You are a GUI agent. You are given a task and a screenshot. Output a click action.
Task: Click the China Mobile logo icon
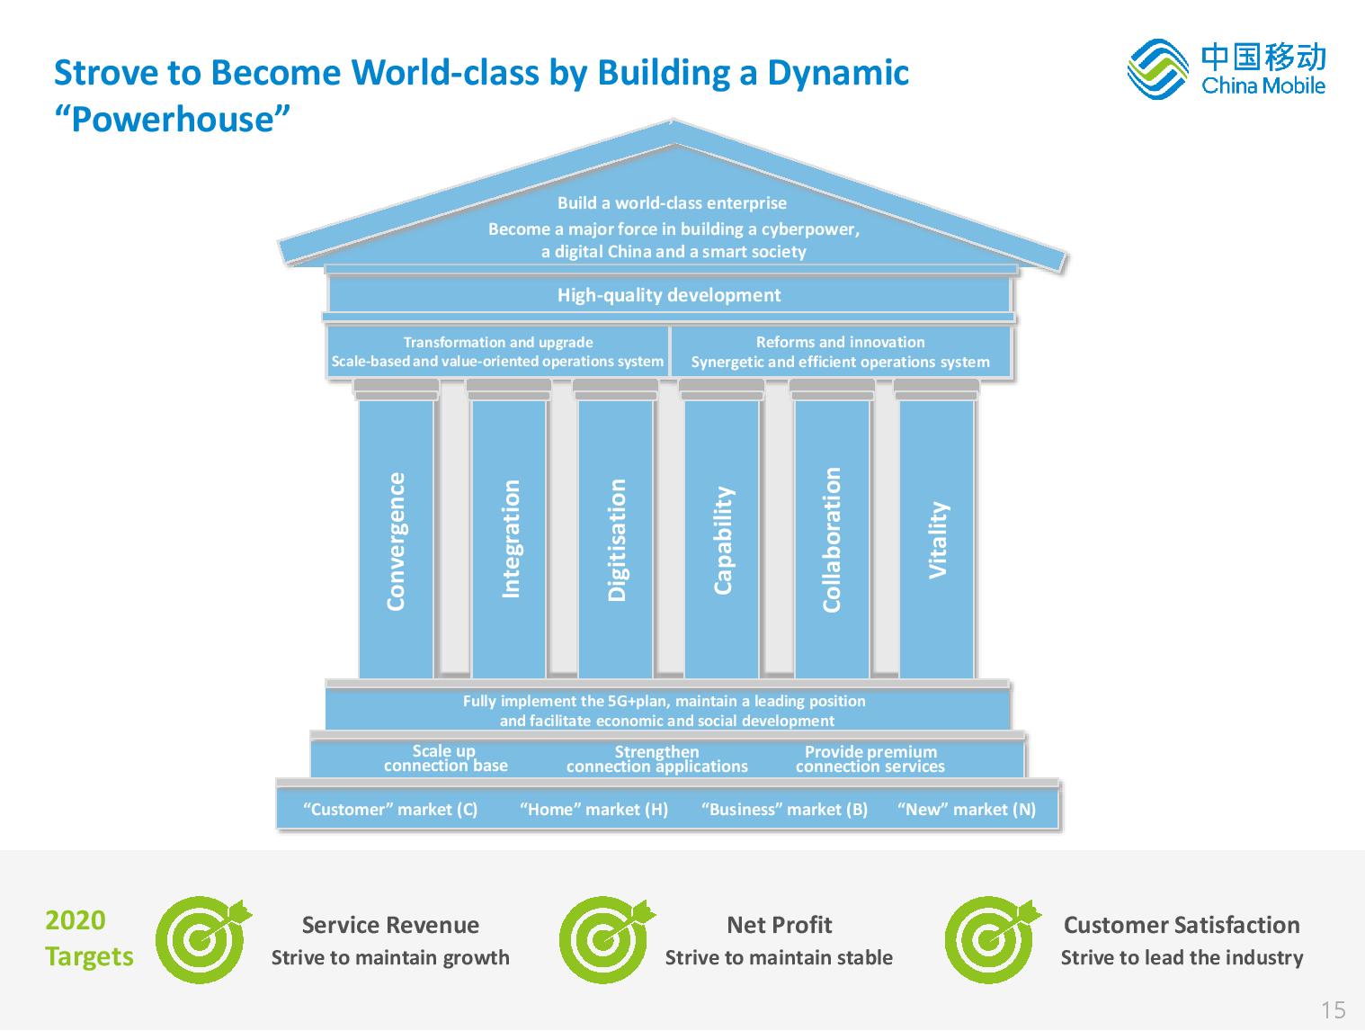(1157, 68)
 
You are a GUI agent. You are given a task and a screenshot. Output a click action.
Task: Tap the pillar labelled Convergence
(396, 539)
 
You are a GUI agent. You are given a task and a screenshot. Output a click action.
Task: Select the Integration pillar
(509, 539)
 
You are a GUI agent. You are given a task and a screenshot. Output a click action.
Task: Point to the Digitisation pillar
(615, 539)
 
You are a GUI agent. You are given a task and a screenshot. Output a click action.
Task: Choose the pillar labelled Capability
(721, 539)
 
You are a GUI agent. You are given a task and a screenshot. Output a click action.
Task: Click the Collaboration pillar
(832, 539)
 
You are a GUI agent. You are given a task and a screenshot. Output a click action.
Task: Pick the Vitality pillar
(937, 539)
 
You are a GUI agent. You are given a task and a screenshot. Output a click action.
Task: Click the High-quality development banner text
(668, 295)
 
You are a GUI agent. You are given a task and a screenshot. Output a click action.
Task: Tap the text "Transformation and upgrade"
(498, 342)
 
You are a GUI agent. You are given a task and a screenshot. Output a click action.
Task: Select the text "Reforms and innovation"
(840, 342)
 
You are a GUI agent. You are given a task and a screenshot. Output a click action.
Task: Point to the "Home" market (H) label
(593, 809)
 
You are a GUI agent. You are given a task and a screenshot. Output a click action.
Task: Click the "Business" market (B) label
(784, 809)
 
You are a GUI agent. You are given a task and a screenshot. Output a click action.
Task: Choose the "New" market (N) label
(967, 809)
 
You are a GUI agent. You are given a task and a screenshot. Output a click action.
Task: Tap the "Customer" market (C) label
(390, 809)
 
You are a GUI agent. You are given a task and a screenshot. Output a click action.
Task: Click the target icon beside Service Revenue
(202, 939)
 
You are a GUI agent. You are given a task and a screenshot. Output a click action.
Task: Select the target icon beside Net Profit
(606, 939)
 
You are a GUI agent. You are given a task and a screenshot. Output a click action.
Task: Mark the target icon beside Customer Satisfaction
(992, 939)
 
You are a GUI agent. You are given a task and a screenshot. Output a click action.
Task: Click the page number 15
(1334, 1009)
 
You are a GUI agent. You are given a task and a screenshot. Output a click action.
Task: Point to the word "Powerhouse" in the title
(173, 118)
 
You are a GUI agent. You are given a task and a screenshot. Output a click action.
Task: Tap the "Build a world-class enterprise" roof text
(672, 202)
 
